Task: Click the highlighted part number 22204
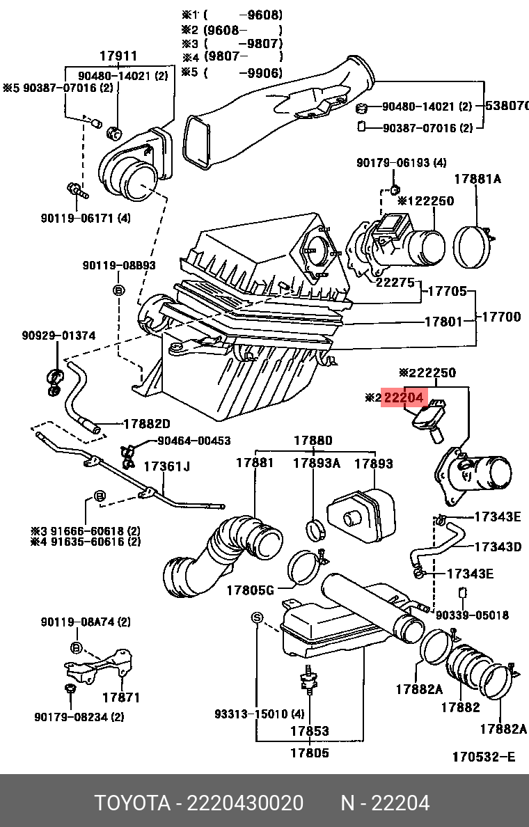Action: [403, 397]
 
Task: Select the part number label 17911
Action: [118, 56]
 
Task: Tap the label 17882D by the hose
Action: [147, 423]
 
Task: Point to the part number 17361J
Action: [166, 466]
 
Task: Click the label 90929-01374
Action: [58, 336]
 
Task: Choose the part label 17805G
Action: [250, 590]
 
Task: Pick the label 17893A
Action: [315, 463]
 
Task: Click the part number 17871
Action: [121, 697]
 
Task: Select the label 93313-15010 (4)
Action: [260, 714]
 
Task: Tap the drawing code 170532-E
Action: [484, 756]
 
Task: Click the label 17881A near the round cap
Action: [477, 179]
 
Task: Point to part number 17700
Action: [501, 317]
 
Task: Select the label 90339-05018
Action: [472, 615]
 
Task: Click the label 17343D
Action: [498, 547]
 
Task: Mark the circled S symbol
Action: [255, 618]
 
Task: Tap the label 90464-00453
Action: [194, 441]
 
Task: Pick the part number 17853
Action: [309, 732]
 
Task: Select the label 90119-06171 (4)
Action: [85, 218]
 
